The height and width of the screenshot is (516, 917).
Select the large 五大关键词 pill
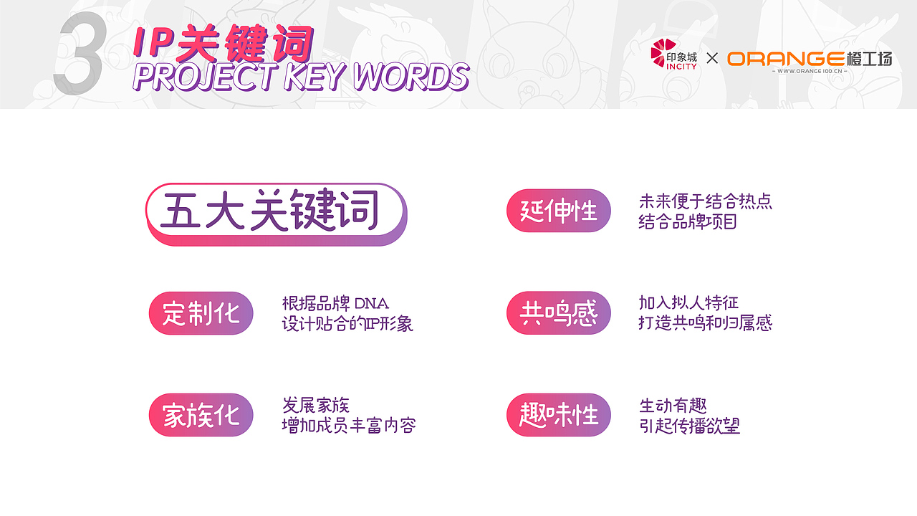click(x=276, y=213)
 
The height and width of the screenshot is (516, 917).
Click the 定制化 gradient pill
click(x=201, y=313)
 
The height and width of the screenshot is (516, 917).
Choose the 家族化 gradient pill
click(x=201, y=415)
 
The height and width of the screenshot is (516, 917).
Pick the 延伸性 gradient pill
click(x=559, y=211)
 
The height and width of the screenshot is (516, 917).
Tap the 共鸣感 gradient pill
click(x=559, y=313)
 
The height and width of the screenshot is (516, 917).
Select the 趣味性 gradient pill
click(x=559, y=415)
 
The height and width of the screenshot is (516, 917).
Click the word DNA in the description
click(x=372, y=304)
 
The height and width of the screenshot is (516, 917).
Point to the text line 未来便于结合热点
click(x=705, y=201)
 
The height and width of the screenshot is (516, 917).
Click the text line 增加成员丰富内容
click(x=349, y=426)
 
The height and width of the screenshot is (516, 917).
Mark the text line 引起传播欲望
click(x=689, y=426)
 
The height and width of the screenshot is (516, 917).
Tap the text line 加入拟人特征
click(x=688, y=302)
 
